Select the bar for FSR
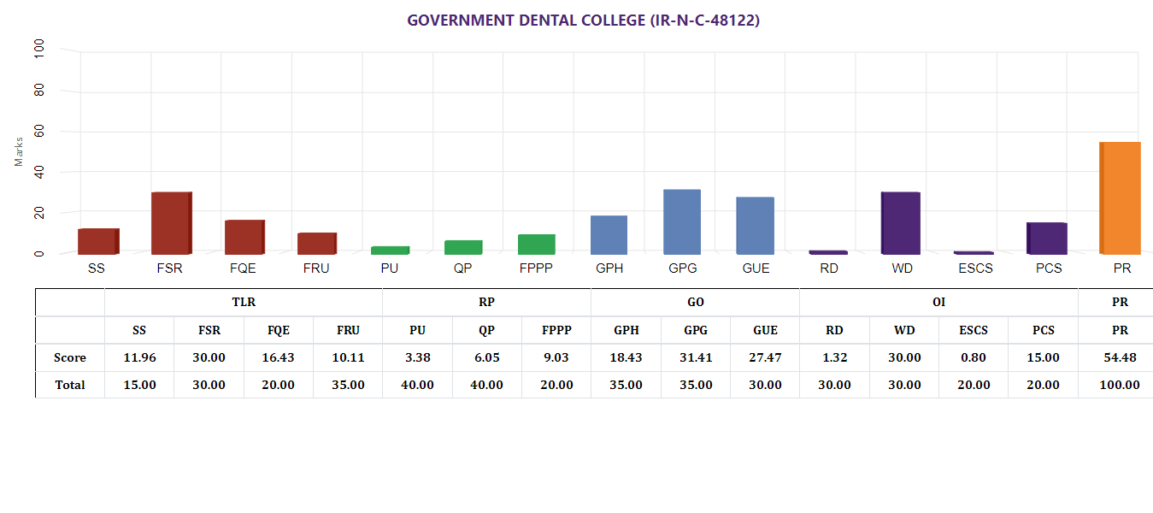171,223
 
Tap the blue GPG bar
682,221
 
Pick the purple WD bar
901,223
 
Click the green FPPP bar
537,245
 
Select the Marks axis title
19,151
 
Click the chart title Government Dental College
583,20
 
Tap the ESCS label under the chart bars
974,268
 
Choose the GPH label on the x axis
609,268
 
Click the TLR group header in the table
244,302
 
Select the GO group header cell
695,302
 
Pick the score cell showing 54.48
1120,357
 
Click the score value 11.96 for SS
139,357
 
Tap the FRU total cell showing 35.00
348,385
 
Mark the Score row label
70,357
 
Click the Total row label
70,385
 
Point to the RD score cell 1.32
834,357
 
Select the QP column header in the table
486,330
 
